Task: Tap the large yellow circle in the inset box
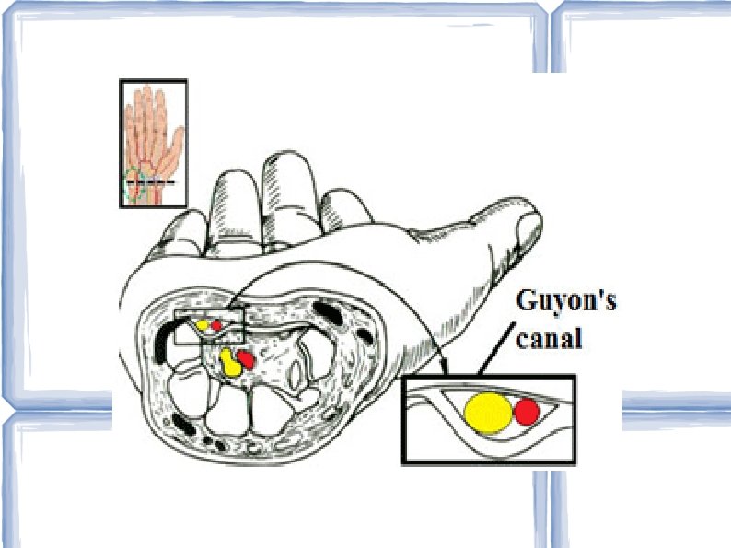[x=487, y=412]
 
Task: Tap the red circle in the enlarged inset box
[x=527, y=412]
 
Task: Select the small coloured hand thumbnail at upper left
[x=154, y=143]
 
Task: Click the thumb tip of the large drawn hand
[x=528, y=221]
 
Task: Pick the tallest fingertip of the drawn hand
[x=284, y=166]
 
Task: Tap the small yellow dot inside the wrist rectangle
[x=202, y=325]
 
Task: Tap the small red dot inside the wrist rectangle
[x=217, y=324]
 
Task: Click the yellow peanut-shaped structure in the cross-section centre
[x=229, y=361]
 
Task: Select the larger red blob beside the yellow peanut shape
[x=246, y=359]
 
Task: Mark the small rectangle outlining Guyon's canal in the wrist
[x=209, y=327]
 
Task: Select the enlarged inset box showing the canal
[x=488, y=419]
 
